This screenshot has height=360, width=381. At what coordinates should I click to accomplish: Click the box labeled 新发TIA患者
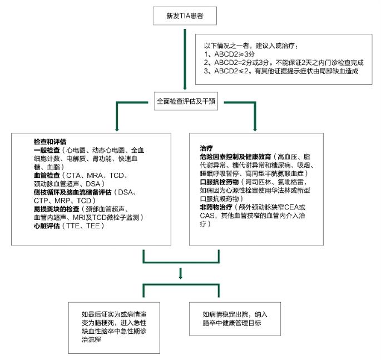[185, 16]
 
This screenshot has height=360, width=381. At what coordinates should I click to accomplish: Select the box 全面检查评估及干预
[186, 101]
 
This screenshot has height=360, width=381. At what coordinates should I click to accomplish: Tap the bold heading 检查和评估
[50, 142]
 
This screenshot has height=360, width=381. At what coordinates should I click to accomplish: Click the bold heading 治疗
[206, 148]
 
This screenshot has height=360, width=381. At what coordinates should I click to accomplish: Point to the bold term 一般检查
[47, 150]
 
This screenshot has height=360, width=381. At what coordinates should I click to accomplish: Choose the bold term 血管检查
[47, 175]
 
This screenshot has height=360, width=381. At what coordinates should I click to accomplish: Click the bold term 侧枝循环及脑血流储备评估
[73, 192]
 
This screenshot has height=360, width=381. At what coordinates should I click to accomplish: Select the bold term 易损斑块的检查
[56, 209]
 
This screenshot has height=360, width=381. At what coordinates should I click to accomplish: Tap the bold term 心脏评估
[47, 226]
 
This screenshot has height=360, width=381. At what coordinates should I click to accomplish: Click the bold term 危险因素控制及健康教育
[235, 157]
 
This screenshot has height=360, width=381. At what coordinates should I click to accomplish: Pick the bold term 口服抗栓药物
[219, 182]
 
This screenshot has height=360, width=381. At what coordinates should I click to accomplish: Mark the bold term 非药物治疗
[216, 207]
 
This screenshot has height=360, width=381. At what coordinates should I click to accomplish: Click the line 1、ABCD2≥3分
[229, 54]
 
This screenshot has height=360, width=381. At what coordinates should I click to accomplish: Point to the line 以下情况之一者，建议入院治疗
[251, 46]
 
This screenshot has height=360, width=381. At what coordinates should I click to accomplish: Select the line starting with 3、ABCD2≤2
[281, 71]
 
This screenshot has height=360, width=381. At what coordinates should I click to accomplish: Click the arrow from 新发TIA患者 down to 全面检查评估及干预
[185, 59]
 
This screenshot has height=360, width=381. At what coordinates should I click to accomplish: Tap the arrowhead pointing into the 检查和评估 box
[117, 129]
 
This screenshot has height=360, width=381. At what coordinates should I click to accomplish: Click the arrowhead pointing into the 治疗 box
[255, 129]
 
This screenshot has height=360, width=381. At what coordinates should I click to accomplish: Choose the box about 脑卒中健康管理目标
[235, 319]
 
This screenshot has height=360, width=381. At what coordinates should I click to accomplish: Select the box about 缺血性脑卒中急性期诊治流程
[114, 328]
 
